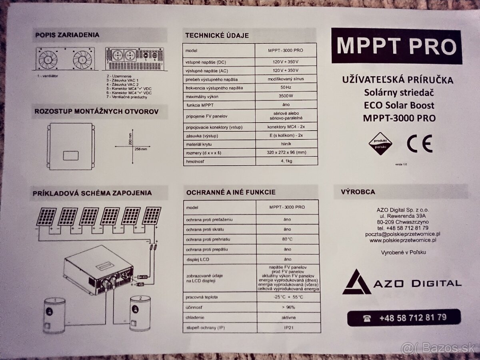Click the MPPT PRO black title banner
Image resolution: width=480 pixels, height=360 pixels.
pyautogui.click(x=396, y=46)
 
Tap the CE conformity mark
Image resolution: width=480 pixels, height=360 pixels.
pyautogui.click(x=419, y=144)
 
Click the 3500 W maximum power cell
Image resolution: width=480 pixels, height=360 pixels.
pyautogui.click(x=286, y=96)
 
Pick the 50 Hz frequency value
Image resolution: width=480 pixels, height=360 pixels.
pyautogui.click(x=286, y=88)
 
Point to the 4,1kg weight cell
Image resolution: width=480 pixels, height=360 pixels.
pyautogui.click(x=286, y=161)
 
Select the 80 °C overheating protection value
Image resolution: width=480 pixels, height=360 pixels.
pyautogui.click(x=287, y=239)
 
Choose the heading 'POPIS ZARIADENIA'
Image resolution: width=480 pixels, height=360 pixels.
pyautogui.click(x=68, y=35)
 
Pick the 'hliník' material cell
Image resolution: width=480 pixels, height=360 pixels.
pyautogui.click(x=286, y=144)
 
